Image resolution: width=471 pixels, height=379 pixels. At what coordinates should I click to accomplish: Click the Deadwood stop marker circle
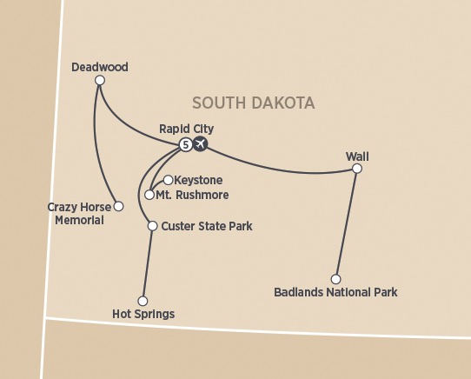[x=100, y=81]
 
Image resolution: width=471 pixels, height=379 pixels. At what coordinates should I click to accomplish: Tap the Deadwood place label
[x=100, y=66]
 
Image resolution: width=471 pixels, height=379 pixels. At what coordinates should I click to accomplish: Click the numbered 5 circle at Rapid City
[x=185, y=144]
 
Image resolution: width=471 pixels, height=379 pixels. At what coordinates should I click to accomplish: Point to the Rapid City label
[x=186, y=129]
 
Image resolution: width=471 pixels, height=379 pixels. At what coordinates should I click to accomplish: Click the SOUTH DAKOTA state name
[x=253, y=103]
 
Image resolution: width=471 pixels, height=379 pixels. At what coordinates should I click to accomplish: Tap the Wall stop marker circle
[x=356, y=169]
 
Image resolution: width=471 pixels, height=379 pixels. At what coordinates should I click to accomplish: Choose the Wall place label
[x=357, y=156]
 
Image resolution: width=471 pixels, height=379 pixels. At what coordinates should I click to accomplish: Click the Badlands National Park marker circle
[x=336, y=279]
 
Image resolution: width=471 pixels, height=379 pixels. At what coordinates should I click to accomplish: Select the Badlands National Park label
[x=335, y=292]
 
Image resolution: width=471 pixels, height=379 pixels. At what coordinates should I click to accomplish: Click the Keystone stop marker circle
[x=168, y=180]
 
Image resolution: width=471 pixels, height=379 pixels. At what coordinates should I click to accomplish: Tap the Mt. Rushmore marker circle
[x=149, y=195]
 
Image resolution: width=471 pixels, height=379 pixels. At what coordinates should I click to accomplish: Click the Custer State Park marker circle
[x=152, y=226]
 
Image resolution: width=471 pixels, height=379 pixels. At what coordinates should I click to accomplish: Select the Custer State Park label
[x=207, y=226]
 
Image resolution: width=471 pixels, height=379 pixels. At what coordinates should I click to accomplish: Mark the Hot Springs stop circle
[x=143, y=301]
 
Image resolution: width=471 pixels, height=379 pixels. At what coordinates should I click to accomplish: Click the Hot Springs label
[x=143, y=314]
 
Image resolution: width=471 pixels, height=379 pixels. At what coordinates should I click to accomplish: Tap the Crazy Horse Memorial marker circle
[x=119, y=206]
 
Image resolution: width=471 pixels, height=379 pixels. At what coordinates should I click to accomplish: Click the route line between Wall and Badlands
[x=347, y=223]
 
